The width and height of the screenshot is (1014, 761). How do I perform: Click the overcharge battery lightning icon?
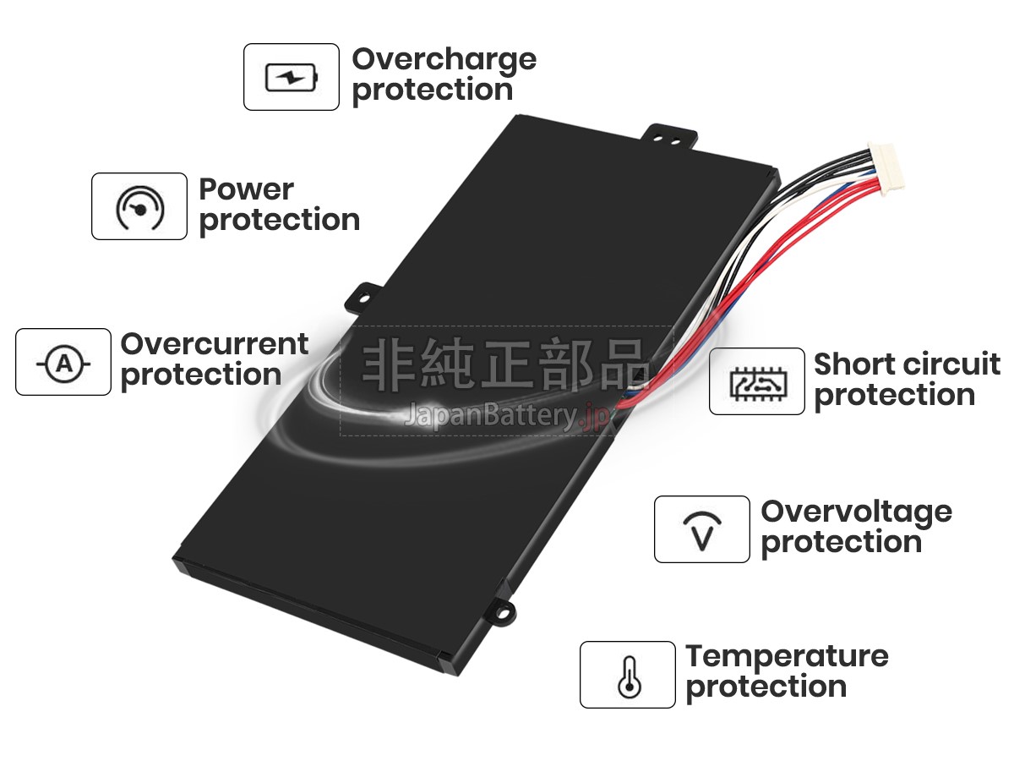pos(292,77)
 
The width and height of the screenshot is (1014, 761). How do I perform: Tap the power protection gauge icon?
pos(139,208)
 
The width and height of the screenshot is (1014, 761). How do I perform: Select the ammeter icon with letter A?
pos(63,364)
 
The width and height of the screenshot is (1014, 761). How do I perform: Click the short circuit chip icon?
pos(758,384)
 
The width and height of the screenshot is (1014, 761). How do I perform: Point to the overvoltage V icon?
pos(702,531)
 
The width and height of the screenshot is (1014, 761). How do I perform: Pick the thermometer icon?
pos(630,677)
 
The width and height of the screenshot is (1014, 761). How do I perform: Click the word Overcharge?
pos(444,61)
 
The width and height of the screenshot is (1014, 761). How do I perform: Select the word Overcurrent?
pos(215,344)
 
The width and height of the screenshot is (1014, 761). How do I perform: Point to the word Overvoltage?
pos(857,513)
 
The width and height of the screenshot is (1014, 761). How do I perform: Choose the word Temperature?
pos(788,658)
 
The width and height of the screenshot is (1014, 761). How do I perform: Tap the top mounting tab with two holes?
pos(669,137)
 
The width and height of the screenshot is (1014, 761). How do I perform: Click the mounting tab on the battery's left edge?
pos(363,298)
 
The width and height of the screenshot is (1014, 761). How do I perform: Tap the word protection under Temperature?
pos(766,688)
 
